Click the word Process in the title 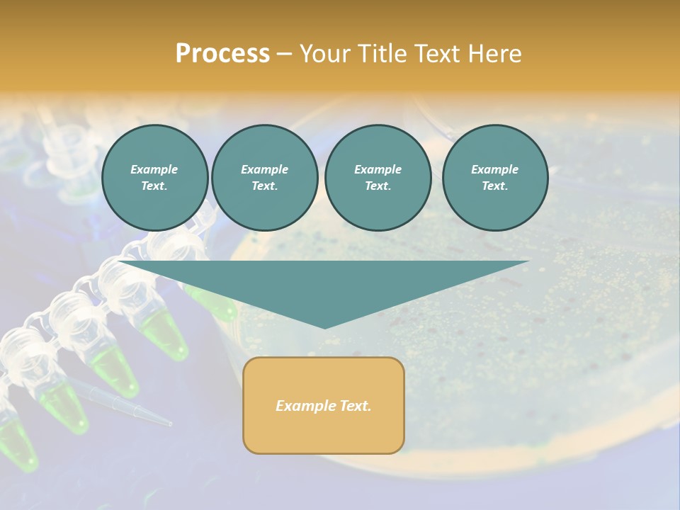tap(222, 54)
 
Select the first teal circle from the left tap(154, 178)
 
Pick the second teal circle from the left tap(264, 178)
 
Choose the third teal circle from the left tap(378, 178)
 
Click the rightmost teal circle tap(494, 178)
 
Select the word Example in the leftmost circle tap(154, 169)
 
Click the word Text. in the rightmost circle tap(494, 186)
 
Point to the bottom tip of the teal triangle tap(324, 327)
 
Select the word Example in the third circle tap(378, 169)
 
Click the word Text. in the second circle tap(264, 186)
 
